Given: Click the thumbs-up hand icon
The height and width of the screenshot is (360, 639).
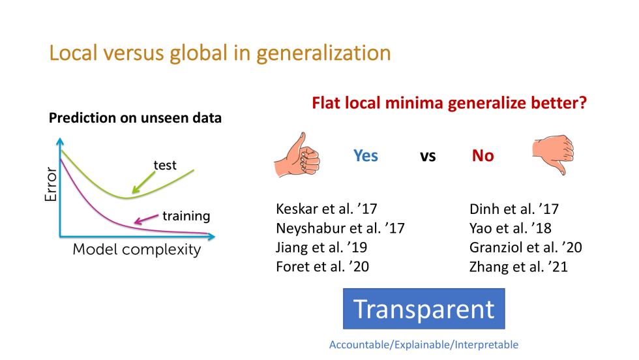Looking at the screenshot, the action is click(297, 155).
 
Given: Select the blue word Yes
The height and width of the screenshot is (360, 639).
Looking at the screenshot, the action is click(366, 156).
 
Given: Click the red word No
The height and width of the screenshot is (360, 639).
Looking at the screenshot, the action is click(483, 156).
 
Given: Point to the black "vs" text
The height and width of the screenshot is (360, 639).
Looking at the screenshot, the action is click(428, 157).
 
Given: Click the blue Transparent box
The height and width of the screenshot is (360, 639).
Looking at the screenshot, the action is click(424, 308).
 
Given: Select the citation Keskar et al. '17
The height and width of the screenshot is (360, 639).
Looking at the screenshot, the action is click(327, 209).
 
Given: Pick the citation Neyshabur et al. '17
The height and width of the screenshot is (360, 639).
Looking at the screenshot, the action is click(340, 228).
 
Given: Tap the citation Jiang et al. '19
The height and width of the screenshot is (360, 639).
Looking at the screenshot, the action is click(321, 247).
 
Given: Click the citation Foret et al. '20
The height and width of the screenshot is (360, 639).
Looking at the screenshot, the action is click(322, 267).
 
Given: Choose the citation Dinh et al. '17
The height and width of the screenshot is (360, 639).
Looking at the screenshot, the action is click(514, 209).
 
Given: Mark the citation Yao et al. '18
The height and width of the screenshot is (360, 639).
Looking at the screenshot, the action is click(510, 228).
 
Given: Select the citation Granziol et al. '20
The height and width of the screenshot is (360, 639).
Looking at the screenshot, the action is click(526, 247).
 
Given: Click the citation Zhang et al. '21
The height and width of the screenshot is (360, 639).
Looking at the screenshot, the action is click(518, 267).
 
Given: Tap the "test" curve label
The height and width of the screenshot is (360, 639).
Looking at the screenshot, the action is click(165, 165).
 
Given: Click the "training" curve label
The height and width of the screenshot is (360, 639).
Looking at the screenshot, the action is click(186, 216).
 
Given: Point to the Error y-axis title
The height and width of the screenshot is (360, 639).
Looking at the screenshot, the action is click(51, 184).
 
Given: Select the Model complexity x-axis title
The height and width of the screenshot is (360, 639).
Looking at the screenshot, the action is click(137, 250).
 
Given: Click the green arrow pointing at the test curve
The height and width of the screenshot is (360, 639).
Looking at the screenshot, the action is click(143, 182).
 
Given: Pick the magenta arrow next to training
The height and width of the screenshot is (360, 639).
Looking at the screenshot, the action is click(146, 219).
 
